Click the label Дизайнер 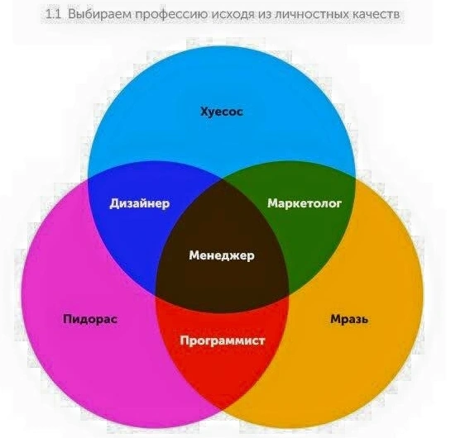(x=140, y=203)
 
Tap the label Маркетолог (x=305, y=203)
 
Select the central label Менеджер (x=222, y=255)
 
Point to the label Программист (x=222, y=340)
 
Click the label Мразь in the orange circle (x=349, y=319)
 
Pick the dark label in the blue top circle (x=222, y=112)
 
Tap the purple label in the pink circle (x=90, y=319)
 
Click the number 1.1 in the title (x=54, y=14)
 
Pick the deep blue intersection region (x=132, y=230)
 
